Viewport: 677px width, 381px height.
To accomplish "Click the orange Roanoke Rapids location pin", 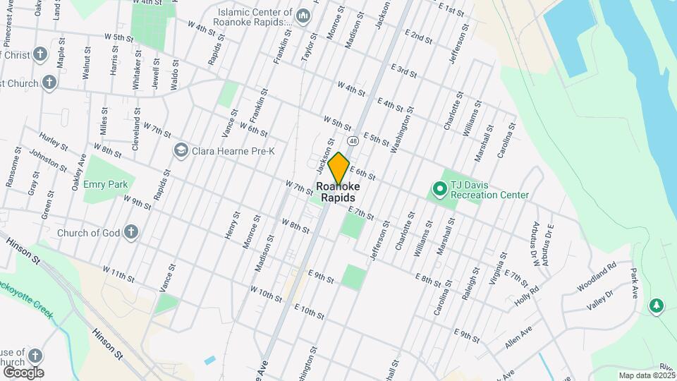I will tap(339, 168).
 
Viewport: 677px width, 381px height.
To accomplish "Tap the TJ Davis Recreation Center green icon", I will tap(439, 188).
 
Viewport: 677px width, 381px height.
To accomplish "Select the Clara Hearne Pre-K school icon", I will tap(181, 150).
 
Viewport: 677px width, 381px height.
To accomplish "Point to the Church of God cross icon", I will tap(130, 233).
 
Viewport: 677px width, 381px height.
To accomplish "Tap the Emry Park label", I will tap(104, 184).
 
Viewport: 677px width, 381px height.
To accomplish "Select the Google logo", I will tap(23, 372).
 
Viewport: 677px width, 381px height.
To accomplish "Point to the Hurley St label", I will tap(54, 143).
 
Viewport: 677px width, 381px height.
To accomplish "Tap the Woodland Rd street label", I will tap(596, 274).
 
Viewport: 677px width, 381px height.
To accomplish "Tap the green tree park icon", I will tap(657, 304).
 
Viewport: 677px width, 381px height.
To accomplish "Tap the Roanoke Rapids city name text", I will tap(338, 192).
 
